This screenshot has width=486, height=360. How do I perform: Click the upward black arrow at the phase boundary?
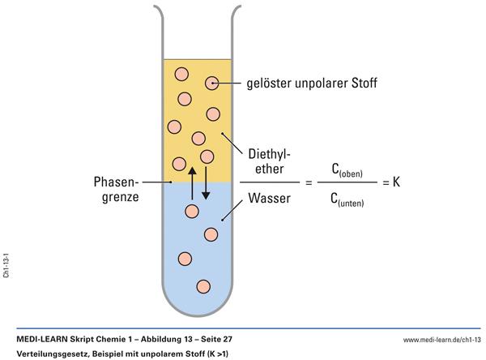[x=192, y=183]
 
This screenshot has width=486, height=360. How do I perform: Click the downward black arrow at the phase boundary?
[x=206, y=183]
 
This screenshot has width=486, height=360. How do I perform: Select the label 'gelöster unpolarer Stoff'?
[x=312, y=83]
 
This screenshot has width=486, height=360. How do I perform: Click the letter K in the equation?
[x=396, y=183]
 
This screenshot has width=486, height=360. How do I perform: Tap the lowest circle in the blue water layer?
[x=202, y=286]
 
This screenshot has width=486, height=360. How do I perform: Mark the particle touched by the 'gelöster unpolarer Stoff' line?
[x=212, y=83]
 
